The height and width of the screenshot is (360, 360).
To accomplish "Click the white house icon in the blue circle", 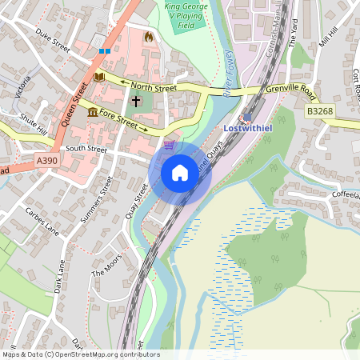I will (x=180, y=172).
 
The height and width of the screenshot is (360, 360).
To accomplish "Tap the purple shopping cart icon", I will (x=169, y=145).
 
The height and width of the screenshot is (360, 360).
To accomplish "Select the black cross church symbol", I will (x=135, y=102).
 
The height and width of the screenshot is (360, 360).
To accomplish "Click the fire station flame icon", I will (x=147, y=37).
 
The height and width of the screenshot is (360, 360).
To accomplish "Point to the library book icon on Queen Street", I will (x=99, y=77).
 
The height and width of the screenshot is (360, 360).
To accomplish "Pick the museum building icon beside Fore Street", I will (x=93, y=111).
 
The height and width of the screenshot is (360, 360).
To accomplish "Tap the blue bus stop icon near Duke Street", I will (x=104, y=51).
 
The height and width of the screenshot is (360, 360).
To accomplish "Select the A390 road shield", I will (x=46, y=162).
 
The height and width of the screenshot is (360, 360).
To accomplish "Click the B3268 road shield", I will (x=320, y=114).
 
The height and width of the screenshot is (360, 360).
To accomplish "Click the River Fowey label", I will (x=231, y=73).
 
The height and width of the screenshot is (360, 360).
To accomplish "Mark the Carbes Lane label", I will (x=42, y=222).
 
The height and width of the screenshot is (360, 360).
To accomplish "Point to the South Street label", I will (x=87, y=149).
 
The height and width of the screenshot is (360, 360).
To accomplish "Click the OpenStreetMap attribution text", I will (x=80, y=354).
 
